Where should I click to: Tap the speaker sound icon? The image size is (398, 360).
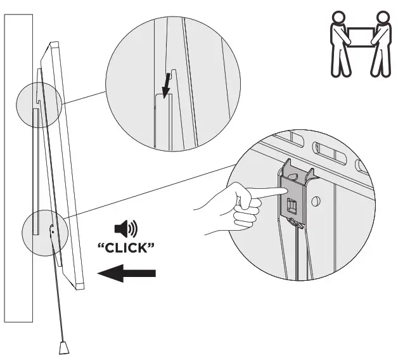(124, 228)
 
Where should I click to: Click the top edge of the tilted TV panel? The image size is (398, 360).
(54, 45)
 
